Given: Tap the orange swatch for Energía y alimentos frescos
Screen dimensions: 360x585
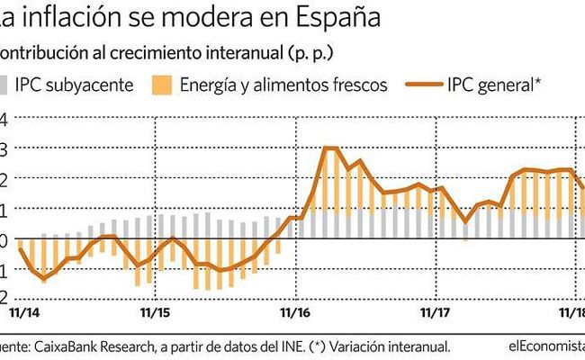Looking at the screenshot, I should (160, 85).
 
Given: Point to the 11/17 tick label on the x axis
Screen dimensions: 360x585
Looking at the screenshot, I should (436, 313).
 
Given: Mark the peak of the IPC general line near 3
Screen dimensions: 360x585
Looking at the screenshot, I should (329, 148).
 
